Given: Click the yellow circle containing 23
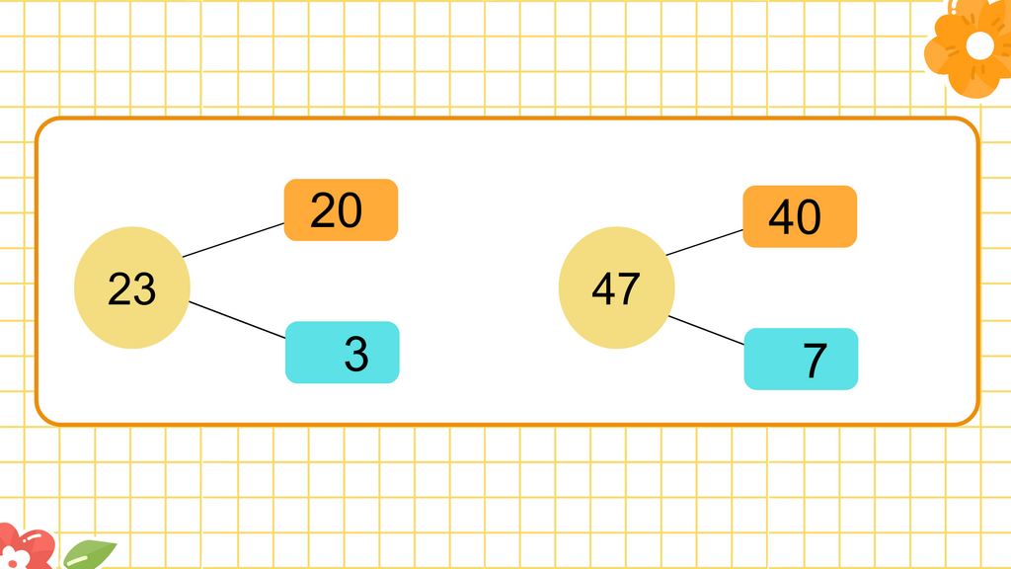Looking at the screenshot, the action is tap(132, 287).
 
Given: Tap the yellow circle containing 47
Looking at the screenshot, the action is tap(616, 287).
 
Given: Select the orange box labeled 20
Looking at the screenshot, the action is tap(341, 209).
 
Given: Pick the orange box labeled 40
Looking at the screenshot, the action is tap(800, 216).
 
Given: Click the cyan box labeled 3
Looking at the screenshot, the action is tap(343, 353).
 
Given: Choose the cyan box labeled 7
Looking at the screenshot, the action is tap(801, 359).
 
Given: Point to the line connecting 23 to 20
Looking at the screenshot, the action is tap(233, 240).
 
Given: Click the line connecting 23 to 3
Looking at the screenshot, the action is tap(237, 320).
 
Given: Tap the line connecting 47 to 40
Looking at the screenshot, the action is tap(705, 243).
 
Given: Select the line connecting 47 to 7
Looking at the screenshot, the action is tap(707, 330).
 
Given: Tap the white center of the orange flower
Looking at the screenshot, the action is tap(980, 45).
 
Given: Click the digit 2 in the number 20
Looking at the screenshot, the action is tap(323, 210).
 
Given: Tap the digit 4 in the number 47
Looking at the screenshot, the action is tap(603, 288).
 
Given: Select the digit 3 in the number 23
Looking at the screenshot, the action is tap(144, 288).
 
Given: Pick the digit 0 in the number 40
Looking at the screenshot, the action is tap(809, 216).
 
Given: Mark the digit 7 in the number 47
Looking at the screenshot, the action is tap(629, 288).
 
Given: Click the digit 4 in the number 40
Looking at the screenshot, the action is tap(781, 216).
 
